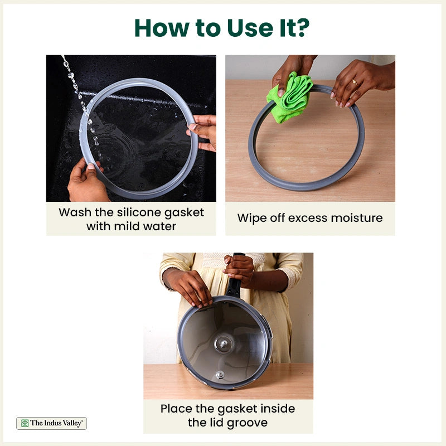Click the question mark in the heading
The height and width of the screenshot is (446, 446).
[302, 28]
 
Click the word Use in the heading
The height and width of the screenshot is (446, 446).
[250, 28]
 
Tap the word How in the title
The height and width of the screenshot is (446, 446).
[162, 28]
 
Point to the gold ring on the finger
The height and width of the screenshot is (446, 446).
[355, 83]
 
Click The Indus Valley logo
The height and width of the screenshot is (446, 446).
[51, 423]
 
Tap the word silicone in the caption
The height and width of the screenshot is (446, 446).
[138, 212]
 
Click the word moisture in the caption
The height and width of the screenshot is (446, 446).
[357, 218]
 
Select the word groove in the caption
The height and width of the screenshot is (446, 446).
[247, 423]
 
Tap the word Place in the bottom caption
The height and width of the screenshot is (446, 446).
[176, 409]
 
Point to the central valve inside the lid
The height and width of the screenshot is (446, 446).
[224, 344]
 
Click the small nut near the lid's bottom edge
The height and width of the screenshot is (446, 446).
[219, 374]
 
